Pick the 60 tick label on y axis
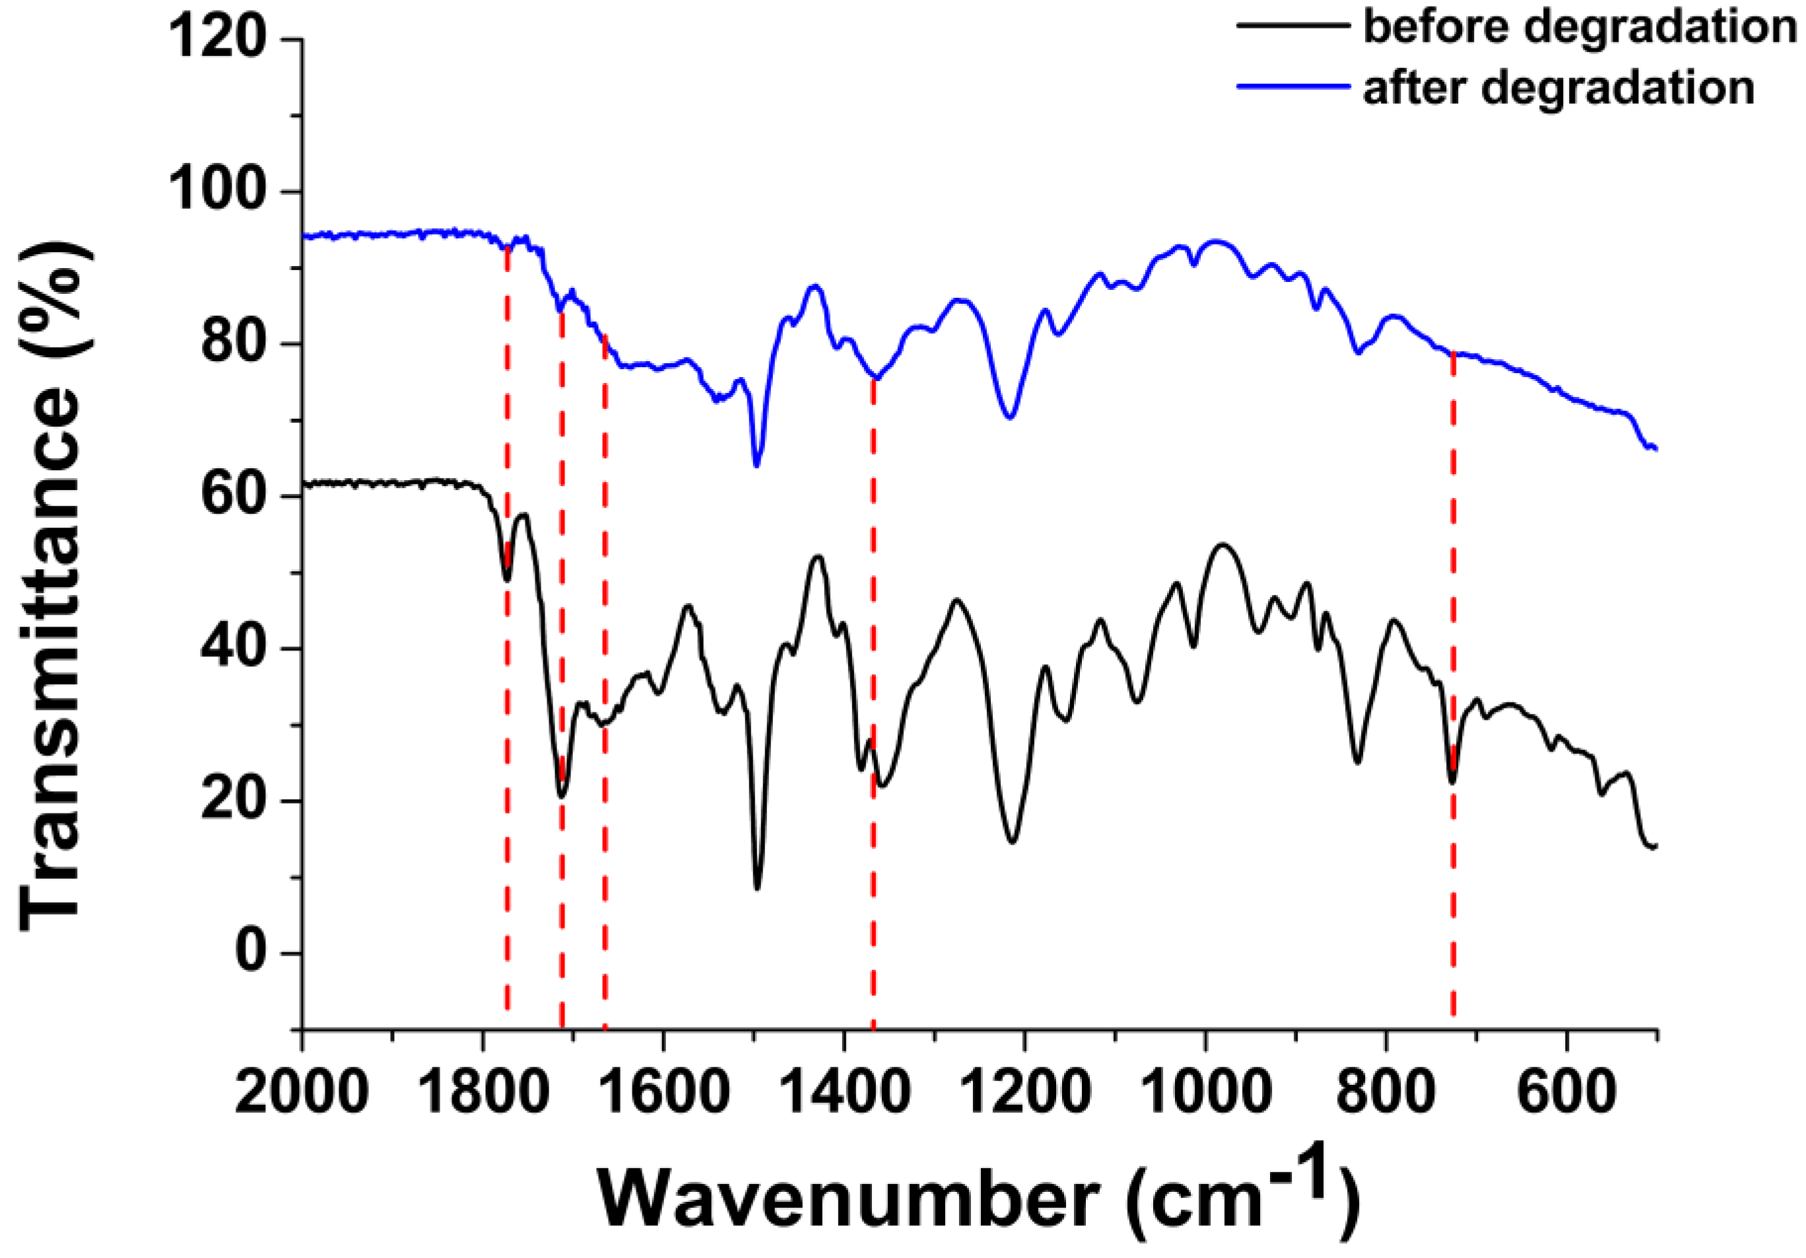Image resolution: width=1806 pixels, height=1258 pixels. click(232, 496)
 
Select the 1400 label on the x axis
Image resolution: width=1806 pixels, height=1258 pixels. click(845, 1093)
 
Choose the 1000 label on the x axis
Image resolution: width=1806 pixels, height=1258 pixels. click(1205, 1093)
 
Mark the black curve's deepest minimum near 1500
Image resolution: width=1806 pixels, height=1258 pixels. click(756, 888)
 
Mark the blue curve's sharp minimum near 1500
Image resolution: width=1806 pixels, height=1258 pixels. click(756, 465)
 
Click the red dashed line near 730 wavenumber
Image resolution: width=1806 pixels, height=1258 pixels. click(1452, 866)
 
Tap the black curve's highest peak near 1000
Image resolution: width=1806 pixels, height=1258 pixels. click(1222, 544)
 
